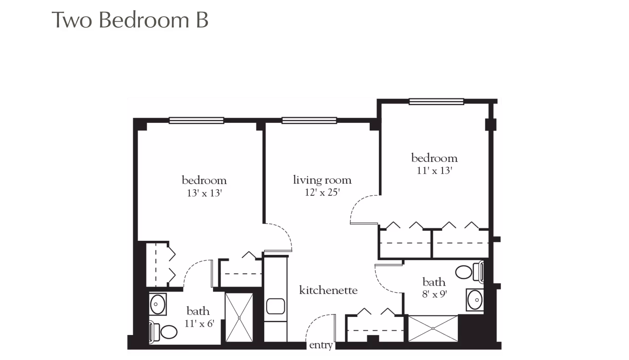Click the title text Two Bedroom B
(130, 20)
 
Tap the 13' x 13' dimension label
(204, 193)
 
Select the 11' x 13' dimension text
(434, 171)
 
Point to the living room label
(322, 180)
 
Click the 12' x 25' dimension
(322, 192)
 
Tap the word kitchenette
(328, 290)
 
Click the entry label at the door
(321, 345)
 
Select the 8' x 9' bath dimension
(434, 294)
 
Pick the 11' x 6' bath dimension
(199, 324)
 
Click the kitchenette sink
(275, 306)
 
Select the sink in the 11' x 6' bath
(158, 304)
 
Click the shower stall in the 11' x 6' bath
(239, 318)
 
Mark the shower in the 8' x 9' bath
(433, 328)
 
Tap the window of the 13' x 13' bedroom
(196, 121)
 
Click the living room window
(309, 121)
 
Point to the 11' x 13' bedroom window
(436, 102)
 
